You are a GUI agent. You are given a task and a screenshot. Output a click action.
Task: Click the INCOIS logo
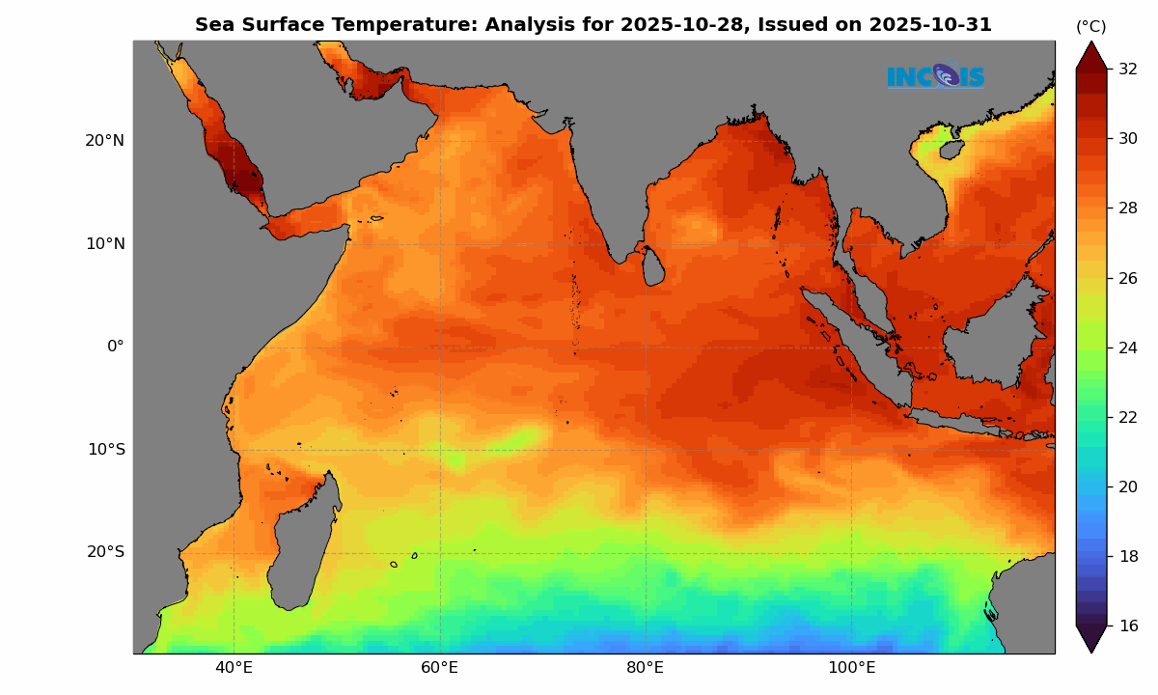click(x=935, y=75)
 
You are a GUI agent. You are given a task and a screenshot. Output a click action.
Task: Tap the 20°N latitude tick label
click(x=105, y=141)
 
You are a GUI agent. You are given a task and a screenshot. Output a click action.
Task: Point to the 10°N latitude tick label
click(x=105, y=243)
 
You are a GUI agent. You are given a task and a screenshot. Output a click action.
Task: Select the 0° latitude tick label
click(x=115, y=347)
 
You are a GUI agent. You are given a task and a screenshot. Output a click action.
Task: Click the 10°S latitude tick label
click(x=106, y=450)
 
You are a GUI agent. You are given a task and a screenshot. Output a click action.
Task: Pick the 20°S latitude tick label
click(x=106, y=552)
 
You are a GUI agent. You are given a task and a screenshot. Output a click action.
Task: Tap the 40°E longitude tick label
click(x=234, y=668)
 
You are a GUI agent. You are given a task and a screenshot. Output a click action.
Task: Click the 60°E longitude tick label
click(x=440, y=668)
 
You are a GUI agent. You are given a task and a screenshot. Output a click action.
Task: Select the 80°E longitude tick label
click(x=646, y=668)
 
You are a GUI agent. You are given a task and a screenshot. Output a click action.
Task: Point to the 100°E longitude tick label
click(x=851, y=668)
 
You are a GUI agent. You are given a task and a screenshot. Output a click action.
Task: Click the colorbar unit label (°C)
click(x=1091, y=27)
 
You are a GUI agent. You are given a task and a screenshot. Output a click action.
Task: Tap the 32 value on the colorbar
click(x=1128, y=69)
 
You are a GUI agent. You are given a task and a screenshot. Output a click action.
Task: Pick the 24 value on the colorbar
click(x=1128, y=347)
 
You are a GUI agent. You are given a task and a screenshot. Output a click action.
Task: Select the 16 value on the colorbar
click(x=1128, y=625)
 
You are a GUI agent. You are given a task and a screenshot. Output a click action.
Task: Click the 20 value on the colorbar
click(x=1128, y=486)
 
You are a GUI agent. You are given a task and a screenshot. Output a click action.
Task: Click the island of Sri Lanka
click(x=653, y=266)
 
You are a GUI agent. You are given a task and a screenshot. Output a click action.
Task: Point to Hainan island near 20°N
click(x=951, y=150)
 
